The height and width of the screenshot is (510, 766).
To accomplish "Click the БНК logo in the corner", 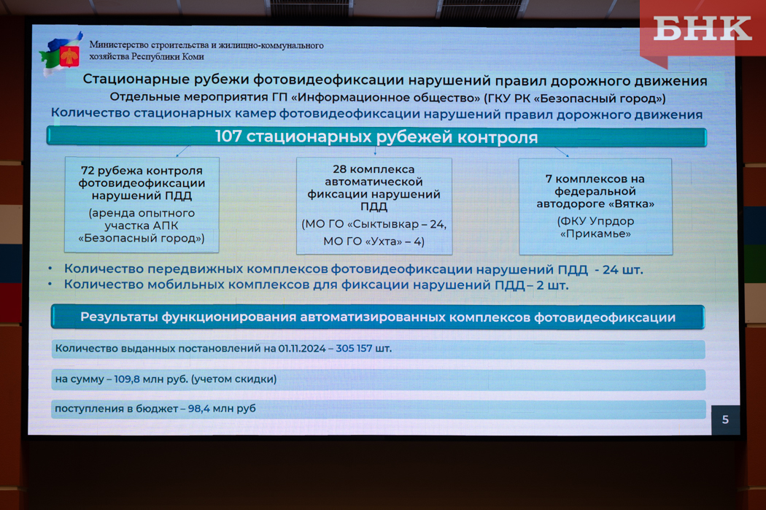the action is (702, 28).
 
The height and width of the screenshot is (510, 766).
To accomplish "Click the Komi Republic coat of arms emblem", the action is (70, 56).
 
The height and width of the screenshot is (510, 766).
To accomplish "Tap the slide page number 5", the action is (725, 420).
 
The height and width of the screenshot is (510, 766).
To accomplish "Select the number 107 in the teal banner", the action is (228, 136).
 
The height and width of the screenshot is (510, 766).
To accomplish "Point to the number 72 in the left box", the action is (88, 171).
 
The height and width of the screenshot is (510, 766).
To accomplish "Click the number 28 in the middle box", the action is (339, 169).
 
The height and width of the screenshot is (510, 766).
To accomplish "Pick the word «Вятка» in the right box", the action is (631, 204).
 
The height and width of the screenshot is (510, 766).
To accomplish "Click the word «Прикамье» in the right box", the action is (595, 233).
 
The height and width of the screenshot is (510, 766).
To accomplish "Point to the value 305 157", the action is (354, 348).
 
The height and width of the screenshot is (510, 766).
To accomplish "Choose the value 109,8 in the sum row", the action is (127, 379).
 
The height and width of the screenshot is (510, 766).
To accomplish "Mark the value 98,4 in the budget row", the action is (199, 409).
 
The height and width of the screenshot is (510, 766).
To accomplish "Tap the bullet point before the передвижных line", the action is (50, 268).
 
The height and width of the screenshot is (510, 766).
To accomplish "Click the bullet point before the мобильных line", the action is (50, 284).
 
